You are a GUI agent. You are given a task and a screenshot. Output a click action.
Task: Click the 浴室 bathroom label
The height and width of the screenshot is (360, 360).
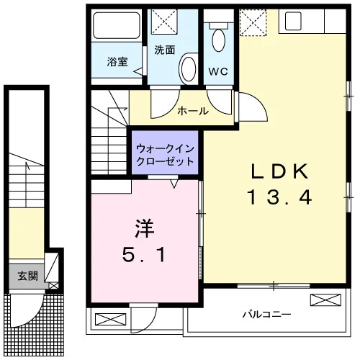pyautogui.click(x=117, y=62)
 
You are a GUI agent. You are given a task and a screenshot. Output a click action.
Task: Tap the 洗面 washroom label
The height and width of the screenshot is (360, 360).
pyautogui.click(x=165, y=50)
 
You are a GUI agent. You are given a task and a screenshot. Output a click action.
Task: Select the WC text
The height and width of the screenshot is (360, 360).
pyautogui.click(x=218, y=71)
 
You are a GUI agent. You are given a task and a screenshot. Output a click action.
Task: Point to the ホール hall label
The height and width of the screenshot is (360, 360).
pyautogui.click(x=193, y=111)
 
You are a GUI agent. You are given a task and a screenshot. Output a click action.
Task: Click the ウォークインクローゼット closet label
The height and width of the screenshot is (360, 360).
pyautogui.click(x=165, y=155)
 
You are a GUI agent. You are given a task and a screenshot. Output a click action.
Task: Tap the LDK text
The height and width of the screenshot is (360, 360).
pyautogui.click(x=279, y=171)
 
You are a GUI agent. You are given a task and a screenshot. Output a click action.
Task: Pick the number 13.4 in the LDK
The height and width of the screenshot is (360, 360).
pyautogui.click(x=279, y=197)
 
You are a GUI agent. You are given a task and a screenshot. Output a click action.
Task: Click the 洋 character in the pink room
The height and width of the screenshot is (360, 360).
pyautogui.click(x=144, y=228)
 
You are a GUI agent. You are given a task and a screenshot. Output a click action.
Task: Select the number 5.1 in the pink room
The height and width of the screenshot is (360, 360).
pyautogui.click(x=144, y=255)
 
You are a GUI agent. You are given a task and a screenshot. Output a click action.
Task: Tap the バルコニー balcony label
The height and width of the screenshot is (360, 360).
pyautogui.click(x=266, y=314)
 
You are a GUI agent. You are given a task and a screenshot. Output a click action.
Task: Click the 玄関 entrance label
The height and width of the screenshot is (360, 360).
pyautogui.click(x=28, y=276)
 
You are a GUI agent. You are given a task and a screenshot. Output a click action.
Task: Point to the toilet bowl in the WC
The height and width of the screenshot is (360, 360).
pyautogui.click(x=218, y=40)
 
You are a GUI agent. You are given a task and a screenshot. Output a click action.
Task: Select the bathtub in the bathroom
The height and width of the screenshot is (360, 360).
pyautogui.click(x=117, y=25)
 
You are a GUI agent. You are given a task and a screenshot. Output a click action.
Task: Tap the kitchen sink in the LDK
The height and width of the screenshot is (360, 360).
pyautogui.click(x=293, y=21)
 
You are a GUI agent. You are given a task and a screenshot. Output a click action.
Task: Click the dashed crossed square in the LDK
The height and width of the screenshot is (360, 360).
pyautogui.click(x=253, y=22)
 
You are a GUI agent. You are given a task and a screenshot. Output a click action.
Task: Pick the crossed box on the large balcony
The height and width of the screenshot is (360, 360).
pyautogui.click(x=325, y=300)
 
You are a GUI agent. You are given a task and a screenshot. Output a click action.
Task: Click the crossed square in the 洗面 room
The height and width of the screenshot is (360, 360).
pyautogui.click(x=164, y=21)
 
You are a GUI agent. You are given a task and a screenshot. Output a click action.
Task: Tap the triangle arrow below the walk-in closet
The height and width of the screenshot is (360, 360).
pyautogui.click(x=174, y=184)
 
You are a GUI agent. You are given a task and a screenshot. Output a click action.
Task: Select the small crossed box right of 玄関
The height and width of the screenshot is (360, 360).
pyautogui.click(x=54, y=286)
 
